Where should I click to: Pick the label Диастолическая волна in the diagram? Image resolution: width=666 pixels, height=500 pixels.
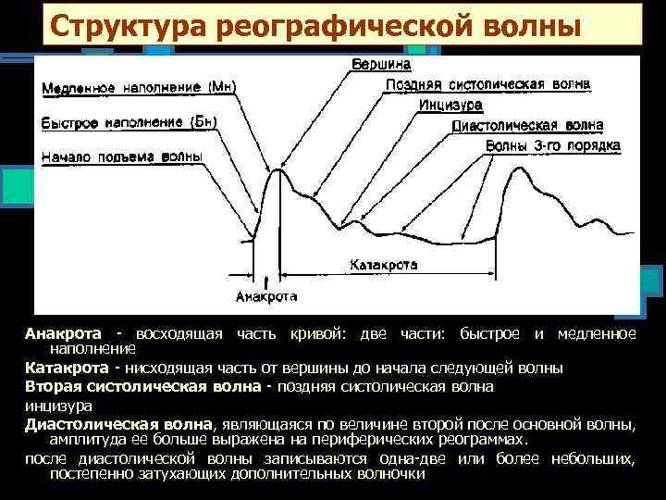[x=527, y=125]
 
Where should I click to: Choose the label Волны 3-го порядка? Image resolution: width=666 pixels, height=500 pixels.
[x=551, y=146]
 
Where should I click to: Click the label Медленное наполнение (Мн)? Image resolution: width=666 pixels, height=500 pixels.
[x=139, y=88]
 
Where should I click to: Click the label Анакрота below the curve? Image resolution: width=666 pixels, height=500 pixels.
[x=266, y=297]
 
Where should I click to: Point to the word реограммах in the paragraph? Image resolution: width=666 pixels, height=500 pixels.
[x=480, y=439]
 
